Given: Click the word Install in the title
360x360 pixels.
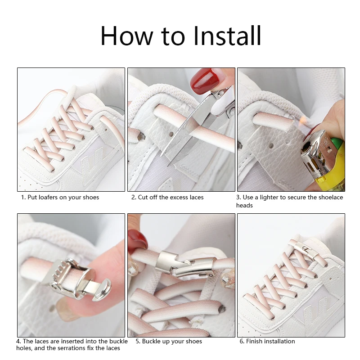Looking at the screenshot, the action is (x=227, y=36).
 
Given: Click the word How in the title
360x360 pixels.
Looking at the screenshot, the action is (x=126, y=36).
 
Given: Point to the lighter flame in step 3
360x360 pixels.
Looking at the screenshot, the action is (x=302, y=120).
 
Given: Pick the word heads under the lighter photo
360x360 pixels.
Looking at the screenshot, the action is (x=244, y=205).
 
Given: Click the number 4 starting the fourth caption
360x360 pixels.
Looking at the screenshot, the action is (x=18, y=342).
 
